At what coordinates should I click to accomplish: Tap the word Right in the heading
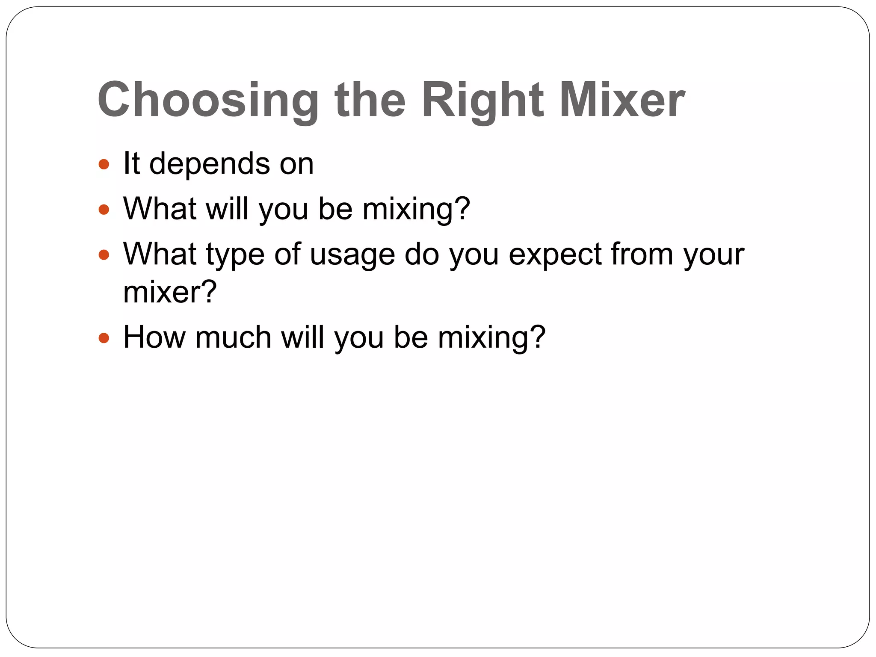pyautogui.click(x=482, y=101)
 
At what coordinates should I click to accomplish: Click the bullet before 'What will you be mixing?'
pyautogui.click(x=104, y=210)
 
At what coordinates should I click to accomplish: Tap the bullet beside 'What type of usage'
pyautogui.click(x=104, y=255)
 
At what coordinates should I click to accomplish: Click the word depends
pyautogui.click(x=210, y=164)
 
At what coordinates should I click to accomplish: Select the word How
pyautogui.click(x=154, y=337)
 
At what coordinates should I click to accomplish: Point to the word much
pyautogui.click(x=233, y=337)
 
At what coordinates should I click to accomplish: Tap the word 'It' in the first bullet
pyautogui.click(x=131, y=164)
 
